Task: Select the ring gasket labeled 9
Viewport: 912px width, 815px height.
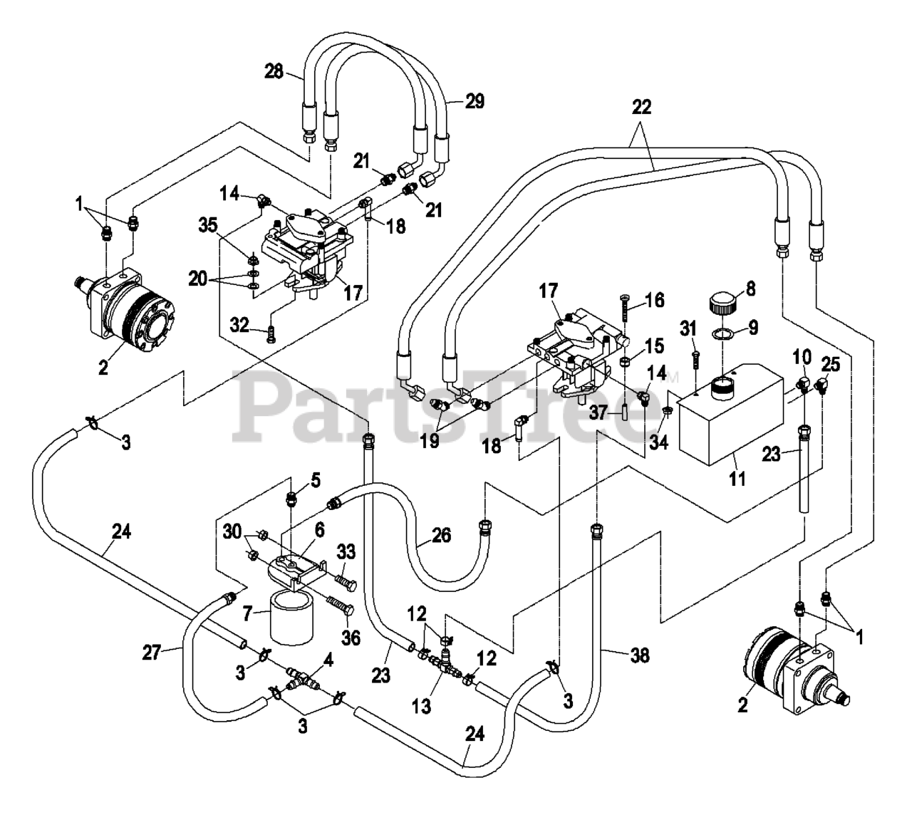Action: coord(722,334)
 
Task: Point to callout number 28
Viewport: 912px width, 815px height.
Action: coord(274,71)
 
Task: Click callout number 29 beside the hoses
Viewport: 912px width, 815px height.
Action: coord(475,101)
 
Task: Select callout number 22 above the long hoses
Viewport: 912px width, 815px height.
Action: coord(641,107)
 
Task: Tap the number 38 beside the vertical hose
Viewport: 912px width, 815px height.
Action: coord(641,655)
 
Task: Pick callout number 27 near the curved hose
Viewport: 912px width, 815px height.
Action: coord(152,653)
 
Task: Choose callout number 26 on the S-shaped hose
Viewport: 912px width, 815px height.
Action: coord(441,536)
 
